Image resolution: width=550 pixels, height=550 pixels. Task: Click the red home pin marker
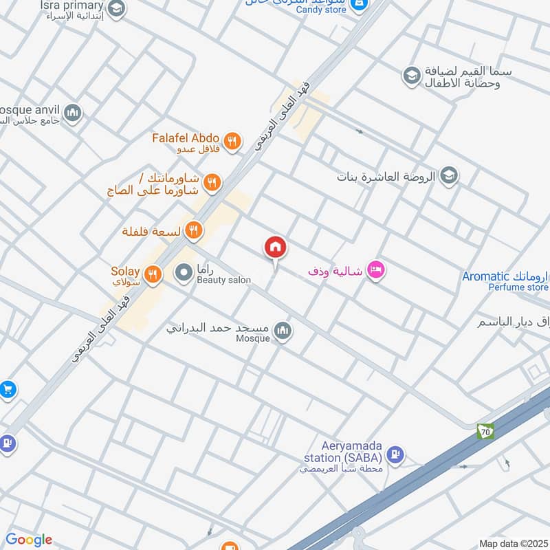click(276, 247)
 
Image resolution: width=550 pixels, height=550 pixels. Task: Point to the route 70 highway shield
click(485, 432)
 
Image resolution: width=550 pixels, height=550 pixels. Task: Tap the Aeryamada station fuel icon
click(395, 454)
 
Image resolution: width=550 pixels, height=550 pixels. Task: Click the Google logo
click(29, 540)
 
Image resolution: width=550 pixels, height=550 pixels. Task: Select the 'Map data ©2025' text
click(514, 544)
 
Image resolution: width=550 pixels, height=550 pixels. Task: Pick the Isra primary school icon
click(117, 8)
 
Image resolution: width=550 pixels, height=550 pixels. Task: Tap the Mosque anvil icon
click(72, 112)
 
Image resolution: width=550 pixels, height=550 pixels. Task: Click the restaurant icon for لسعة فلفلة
click(195, 230)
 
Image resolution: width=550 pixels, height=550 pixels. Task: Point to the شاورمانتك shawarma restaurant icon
click(212, 182)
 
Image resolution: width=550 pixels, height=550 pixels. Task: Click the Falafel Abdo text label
click(186, 137)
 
